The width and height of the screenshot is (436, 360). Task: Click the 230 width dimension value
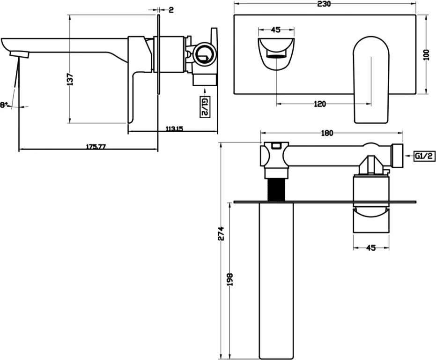[325, 4]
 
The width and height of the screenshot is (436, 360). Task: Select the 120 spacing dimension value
[320, 104]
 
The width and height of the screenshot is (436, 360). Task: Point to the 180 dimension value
[327, 133]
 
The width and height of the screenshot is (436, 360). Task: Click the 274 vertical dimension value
[221, 233]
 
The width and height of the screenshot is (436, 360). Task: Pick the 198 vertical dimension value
[229, 279]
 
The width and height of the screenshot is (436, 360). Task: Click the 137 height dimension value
[71, 79]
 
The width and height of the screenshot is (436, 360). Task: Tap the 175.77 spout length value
[96, 146]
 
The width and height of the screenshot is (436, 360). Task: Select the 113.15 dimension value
[174, 129]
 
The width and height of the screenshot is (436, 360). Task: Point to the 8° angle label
[3, 105]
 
